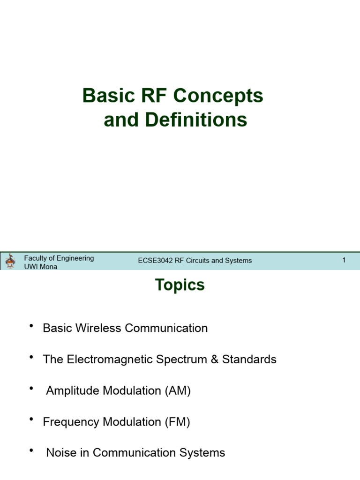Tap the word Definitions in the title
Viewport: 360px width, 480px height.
(x=195, y=120)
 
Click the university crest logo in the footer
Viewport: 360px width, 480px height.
(x=10, y=261)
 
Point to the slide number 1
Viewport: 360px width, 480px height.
(x=344, y=260)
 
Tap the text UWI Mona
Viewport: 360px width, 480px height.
(x=41, y=266)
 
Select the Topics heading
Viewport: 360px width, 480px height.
(x=180, y=285)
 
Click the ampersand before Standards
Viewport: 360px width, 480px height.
(x=215, y=360)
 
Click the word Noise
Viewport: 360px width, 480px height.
(x=61, y=453)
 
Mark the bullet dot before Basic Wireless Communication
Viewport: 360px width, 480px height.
(x=31, y=326)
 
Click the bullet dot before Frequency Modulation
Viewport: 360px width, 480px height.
(x=31, y=420)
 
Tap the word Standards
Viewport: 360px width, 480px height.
(x=249, y=360)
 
